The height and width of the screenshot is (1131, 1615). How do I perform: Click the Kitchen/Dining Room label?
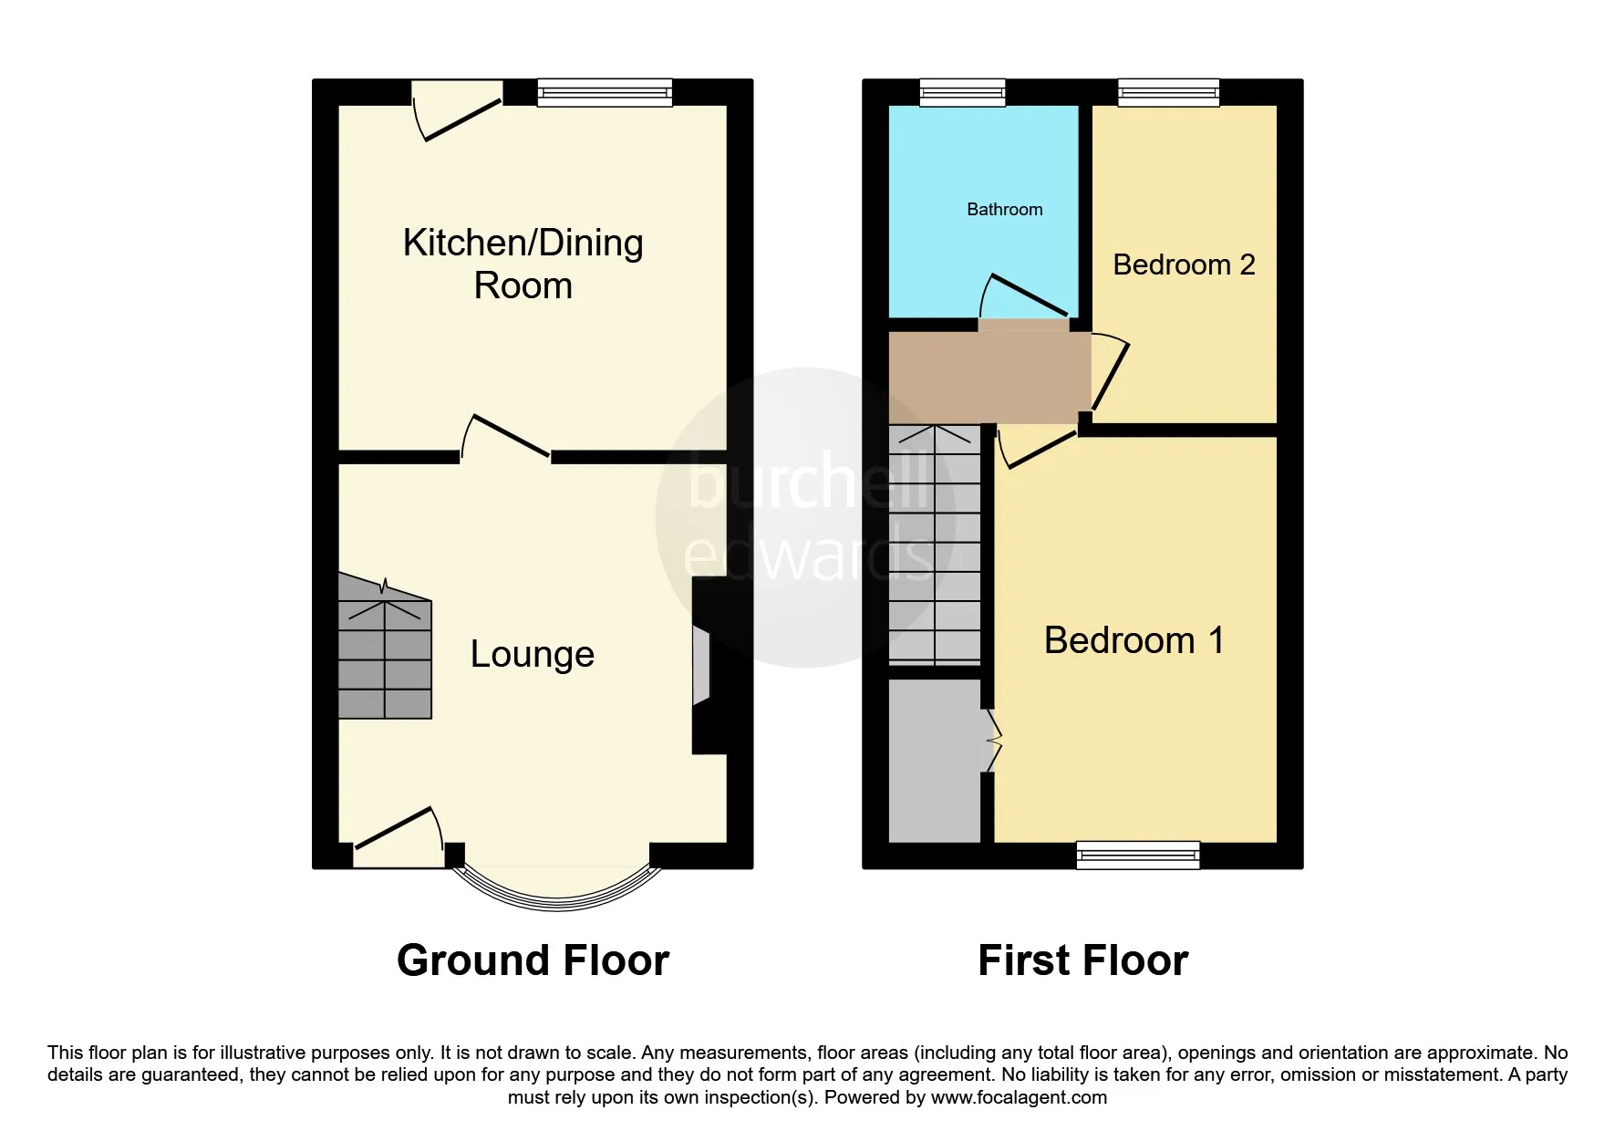point(523,264)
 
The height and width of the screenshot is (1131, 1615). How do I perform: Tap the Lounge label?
point(533,654)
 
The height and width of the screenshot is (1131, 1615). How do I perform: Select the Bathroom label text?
point(1004,210)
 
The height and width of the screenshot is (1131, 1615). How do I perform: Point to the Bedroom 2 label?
point(1184,265)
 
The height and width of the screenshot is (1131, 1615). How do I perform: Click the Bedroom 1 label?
point(1134,640)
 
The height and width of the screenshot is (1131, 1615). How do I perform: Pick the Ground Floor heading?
point(533,960)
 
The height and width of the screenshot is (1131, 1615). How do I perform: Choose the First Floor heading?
point(1082,960)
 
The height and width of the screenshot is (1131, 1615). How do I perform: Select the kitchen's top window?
point(605,92)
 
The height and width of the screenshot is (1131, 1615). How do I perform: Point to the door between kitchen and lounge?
point(504,438)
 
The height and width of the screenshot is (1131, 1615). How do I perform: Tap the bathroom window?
point(963,92)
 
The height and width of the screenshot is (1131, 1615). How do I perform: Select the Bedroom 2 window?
point(1169,92)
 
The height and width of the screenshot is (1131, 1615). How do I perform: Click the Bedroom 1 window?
point(1138,856)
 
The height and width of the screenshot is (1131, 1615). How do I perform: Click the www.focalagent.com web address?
point(1019,1098)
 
